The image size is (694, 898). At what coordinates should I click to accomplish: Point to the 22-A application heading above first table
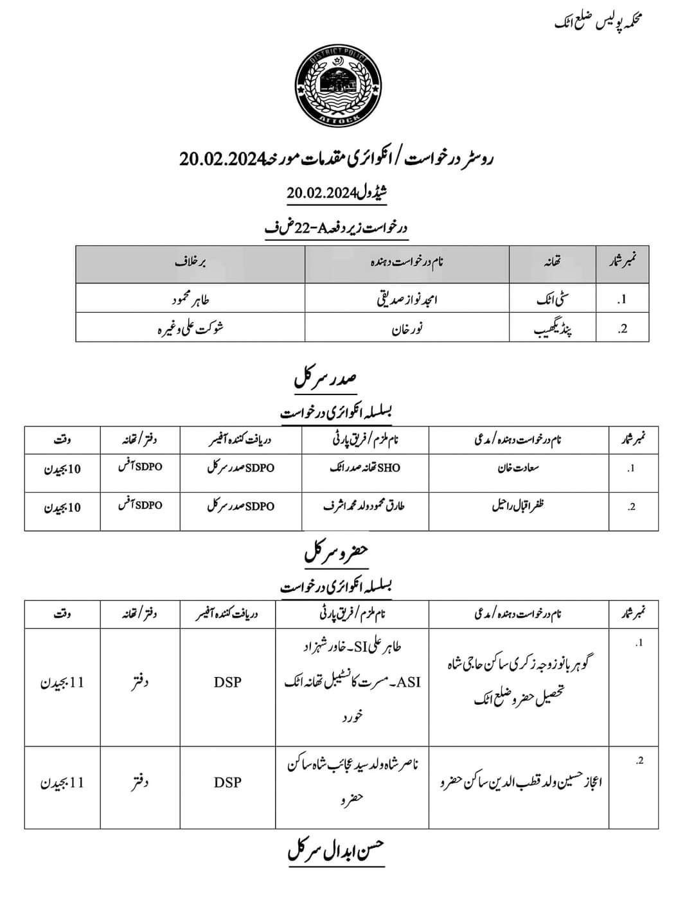click(336, 227)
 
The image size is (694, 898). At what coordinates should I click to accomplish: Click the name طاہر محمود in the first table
click(190, 300)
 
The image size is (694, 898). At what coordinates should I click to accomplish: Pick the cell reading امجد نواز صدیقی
click(407, 300)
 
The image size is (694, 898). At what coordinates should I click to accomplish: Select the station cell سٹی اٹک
click(553, 300)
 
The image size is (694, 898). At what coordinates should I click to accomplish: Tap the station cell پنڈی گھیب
click(553, 329)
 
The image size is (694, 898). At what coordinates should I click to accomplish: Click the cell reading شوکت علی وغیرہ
click(190, 329)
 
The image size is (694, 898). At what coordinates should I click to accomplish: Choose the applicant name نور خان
click(407, 329)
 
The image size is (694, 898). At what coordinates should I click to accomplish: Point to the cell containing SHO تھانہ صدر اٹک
click(365, 468)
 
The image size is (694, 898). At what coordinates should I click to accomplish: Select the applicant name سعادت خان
click(518, 468)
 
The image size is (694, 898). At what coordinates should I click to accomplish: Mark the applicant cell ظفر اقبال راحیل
click(518, 506)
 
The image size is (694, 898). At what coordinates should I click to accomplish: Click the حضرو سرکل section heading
click(336, 552)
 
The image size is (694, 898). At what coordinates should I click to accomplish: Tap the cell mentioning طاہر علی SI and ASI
click(352, 682)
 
